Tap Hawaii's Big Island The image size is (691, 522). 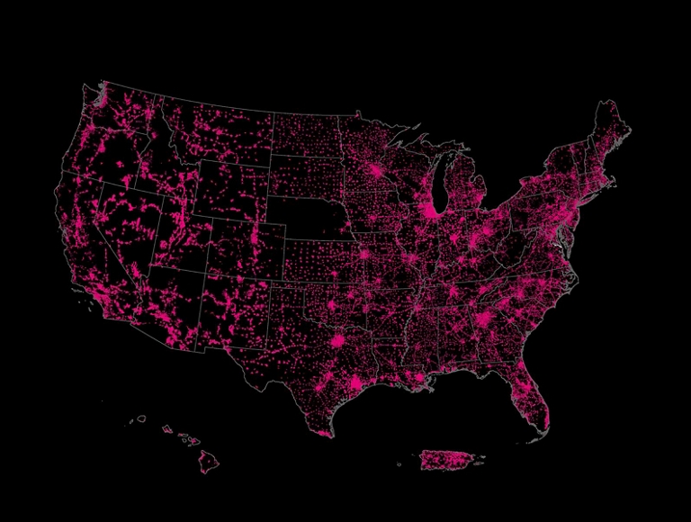pos(209,461)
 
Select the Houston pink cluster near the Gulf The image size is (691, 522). pos(357,384)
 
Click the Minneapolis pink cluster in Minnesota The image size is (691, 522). pos(376,171)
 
